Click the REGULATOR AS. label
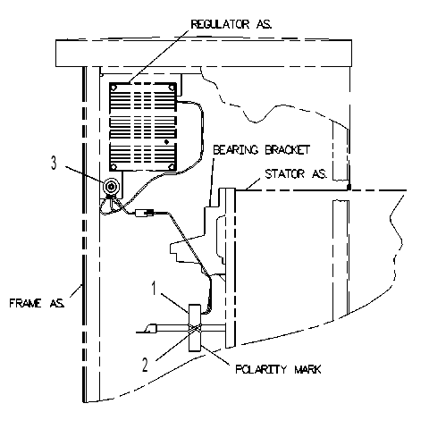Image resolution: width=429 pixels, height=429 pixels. [231, 24]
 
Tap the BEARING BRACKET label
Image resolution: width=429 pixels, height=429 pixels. [262, 149]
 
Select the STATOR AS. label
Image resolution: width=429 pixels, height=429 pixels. [296, 173]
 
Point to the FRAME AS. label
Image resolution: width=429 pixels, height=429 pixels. [37, 303]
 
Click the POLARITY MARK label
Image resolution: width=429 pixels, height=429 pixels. [278, 369]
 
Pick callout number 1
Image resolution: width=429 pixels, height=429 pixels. [154, 288]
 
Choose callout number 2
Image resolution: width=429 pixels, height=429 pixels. [145, 365]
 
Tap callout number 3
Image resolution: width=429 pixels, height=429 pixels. [54, 163]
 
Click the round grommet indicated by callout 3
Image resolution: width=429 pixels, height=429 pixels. [112, 187]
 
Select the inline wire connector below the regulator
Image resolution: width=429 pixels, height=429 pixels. [145, 213]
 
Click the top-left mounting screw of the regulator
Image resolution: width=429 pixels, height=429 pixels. [114, 88]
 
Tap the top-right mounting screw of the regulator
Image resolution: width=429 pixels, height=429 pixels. [172, 88]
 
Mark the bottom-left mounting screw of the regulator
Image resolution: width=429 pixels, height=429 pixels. [114, 166]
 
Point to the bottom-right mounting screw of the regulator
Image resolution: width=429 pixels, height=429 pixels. [172, 166]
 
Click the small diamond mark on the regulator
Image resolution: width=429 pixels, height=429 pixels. [166, 142]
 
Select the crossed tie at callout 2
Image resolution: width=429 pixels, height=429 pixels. [195, 328]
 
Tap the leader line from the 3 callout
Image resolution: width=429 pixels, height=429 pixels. [84, 175]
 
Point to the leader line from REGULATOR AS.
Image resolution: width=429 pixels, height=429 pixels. [159, 55]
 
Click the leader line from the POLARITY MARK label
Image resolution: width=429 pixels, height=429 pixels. [215, 355]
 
